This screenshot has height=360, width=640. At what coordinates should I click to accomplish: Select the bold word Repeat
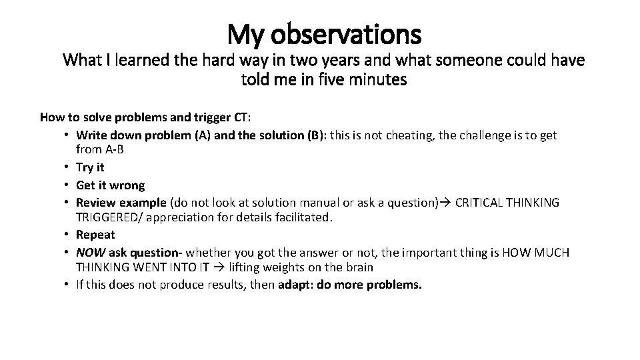(x=95, y=235)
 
